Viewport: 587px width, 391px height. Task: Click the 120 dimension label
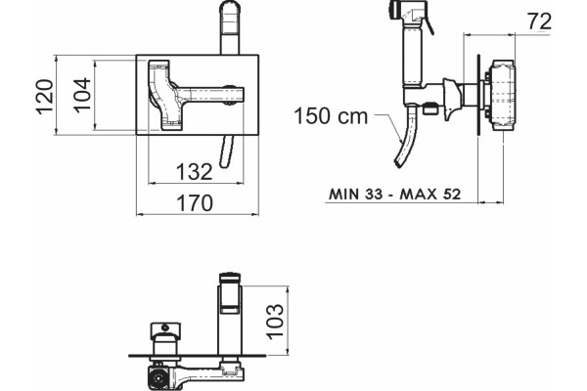tap(45, 97)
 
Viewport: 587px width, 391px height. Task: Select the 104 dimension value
tap(82, 95)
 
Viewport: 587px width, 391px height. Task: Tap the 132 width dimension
tap(194, 172)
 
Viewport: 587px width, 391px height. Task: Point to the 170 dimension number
tap(195, 202)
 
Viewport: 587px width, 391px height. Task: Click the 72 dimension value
tap(539, 22)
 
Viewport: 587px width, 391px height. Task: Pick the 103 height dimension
tap(276, 321)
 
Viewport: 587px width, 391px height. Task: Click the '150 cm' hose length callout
tap(331, 116)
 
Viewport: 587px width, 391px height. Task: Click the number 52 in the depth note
tap(451, 195)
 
